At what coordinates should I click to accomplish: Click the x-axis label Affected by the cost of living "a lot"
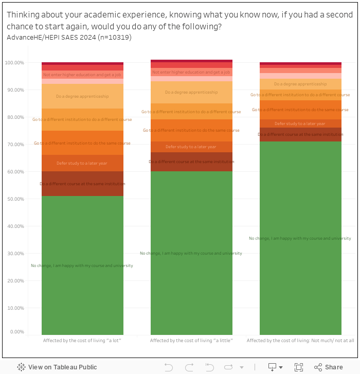pyautogui.click(x=82, y=341)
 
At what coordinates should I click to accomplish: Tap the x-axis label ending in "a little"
pyautogui.click(x=191, y=341)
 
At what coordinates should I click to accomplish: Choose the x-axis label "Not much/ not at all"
pyautogui.click(x=300, y=341)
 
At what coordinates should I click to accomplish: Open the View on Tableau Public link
pyautogui.click(x=57, y=367)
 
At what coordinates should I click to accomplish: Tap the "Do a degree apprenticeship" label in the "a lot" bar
pyautogui.click(x=82, y=96)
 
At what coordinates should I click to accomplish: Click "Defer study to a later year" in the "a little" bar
pyautogui.click(x=191, y=147)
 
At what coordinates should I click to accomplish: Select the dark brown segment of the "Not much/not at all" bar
pyautogui.click(x=300, y=135)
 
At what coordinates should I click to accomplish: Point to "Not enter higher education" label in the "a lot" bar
pyautogui.click(x=82, y=75)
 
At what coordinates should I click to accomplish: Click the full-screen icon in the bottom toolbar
pyautogui.click(x=299, y=367)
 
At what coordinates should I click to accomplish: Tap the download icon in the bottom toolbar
pyautogui.click(x=273, y=367)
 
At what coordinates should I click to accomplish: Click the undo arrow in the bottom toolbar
pyautogui.click(x=169, y=367)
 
